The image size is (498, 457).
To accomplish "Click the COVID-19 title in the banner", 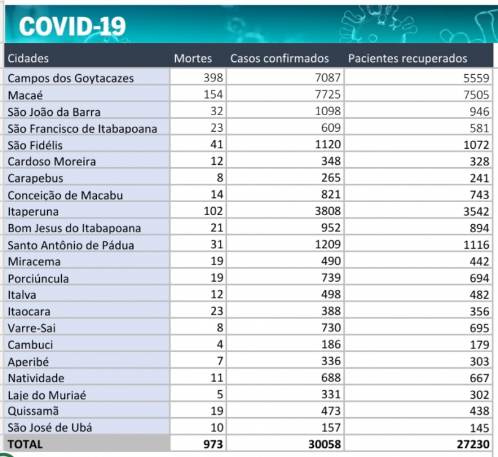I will pos(73,26).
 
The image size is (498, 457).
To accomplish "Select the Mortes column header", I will pos(193,59).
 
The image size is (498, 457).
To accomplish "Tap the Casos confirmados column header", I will pos(279,59).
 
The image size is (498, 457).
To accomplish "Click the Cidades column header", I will pos(28,59).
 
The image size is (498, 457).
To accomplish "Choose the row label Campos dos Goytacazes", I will pos(70,78).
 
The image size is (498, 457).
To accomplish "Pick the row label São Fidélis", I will pos(36,145).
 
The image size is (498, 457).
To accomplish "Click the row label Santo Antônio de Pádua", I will pos(70,245).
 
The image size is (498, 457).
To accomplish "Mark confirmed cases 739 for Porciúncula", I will pos(331,278).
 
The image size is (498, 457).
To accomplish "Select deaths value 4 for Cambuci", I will pos(220,345).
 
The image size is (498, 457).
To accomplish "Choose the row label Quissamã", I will pos(33,411).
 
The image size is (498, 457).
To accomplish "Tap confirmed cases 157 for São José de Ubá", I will pos(331,428).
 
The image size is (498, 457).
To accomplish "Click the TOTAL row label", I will pos(25,444).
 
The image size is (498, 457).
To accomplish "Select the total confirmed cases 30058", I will pos(325,444).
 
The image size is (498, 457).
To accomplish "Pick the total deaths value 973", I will pos(213,444).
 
